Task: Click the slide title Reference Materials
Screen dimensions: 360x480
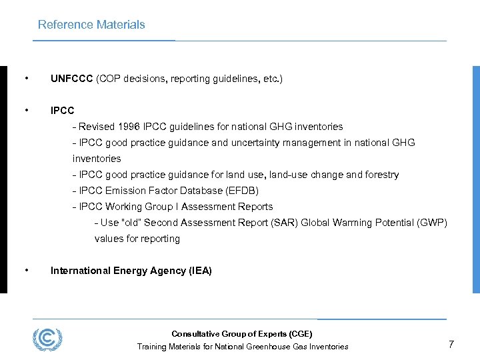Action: [x=91, y=25]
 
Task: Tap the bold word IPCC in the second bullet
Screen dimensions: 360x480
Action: [x=63, y=111]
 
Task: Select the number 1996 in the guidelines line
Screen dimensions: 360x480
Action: [x=130, y=127]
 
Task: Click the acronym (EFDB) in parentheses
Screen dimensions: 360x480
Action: [x=239, y=191]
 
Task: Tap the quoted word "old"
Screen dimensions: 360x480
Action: [x=129, y=223]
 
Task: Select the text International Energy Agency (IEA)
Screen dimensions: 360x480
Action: [x=131, y=271]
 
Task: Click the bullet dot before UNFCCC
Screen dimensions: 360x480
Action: [x=25, y=79]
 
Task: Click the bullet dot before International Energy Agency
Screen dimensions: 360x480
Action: [x=25, y=270]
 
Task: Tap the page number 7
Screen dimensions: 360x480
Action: [x=451, y=345]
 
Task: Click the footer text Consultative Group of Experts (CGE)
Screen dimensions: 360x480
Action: [x=241, y=334]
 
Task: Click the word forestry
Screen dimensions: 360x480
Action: [x=381, y=175]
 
